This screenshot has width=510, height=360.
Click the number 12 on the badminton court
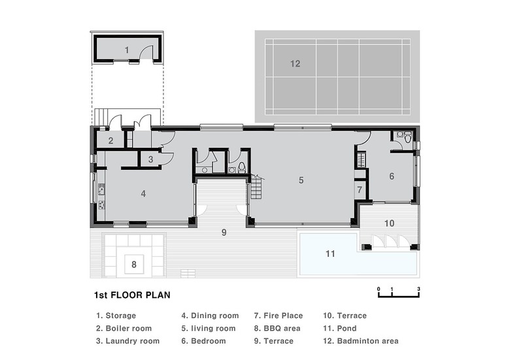coord(296,63)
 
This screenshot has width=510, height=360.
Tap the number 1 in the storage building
coord(127,50)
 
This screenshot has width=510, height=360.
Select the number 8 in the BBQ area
coord(134,265)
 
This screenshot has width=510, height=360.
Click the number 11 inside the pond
coord(330,254)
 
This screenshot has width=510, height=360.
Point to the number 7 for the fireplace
coord(360,189)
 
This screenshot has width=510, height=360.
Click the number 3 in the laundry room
coord(150,159)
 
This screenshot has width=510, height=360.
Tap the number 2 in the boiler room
coord(111,140)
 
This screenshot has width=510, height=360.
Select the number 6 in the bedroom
coord(392,176)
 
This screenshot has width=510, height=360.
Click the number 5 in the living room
coord(301,180)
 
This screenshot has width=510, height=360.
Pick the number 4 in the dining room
coord(143,193)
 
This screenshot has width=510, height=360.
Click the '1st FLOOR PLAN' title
coord(132,295)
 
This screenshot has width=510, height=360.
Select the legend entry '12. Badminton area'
coord(361,341)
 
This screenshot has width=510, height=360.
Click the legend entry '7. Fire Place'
coord(279,316)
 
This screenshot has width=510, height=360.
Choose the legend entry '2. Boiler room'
coord(124,328)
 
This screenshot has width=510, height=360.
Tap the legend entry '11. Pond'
coord(340,328)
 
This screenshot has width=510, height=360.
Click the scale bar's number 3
coord(418,289)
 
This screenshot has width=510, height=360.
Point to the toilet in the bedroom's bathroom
coord(408,137)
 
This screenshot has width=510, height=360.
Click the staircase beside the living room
coord(256,187)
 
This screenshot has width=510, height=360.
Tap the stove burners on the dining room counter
coord(101,205)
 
